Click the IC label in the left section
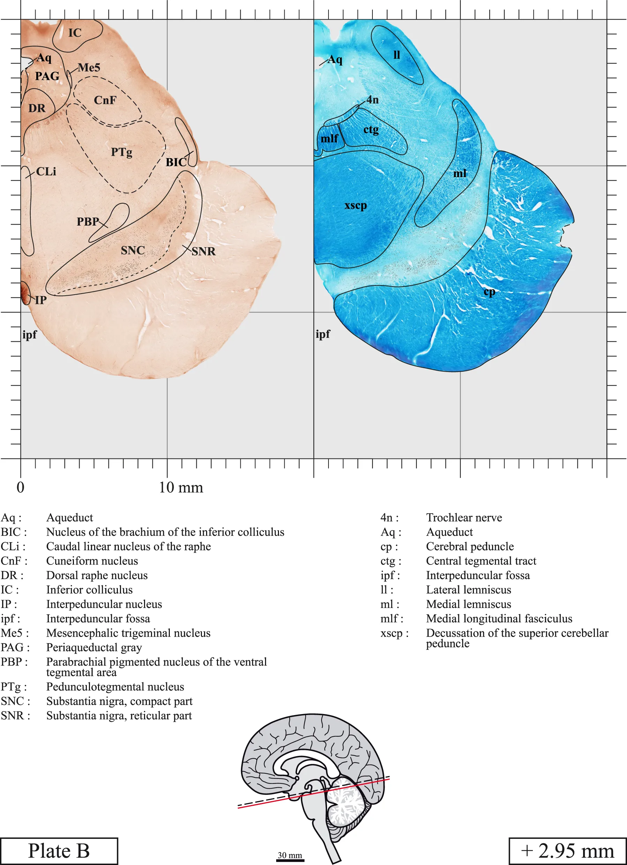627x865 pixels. (x=75, y=33)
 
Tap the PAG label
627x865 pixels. (x=47, y=76)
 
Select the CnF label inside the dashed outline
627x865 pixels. (x=105, y=100)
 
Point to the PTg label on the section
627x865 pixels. (x=122, y=153)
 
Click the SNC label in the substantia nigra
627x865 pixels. (x=133, y=251)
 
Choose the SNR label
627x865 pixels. (x=204, y=251)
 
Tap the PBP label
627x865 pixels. (x=88, y=222)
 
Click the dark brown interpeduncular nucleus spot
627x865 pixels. (x=25, y=293)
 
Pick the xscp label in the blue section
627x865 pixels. (x=356, y=206)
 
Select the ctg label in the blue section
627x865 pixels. (x=371, y=130)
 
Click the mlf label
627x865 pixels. (x=329, y=138)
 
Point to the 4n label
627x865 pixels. (x=373, y=100)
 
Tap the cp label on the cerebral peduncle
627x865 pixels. (x=490, y=293)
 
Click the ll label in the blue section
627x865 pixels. (x=396, y=55)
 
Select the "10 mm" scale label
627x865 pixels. (x=181, y=487)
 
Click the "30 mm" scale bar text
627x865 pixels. (x=290, y=855)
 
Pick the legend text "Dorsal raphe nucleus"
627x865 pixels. (x=97, y=576)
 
